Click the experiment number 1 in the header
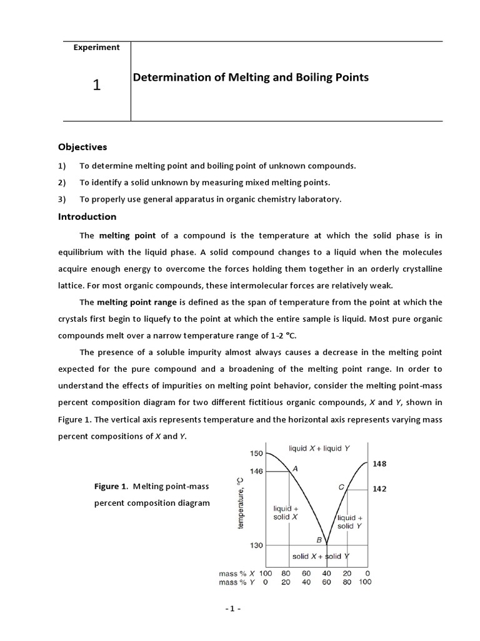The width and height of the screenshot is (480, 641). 96,85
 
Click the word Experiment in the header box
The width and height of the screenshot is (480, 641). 96,48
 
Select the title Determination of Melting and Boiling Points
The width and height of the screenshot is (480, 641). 251,78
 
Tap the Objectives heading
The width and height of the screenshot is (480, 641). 82,147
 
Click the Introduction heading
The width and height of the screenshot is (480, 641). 87,217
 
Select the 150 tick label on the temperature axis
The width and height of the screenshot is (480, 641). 256,453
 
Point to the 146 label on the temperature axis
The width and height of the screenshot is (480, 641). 256,471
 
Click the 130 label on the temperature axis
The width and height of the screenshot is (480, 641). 256,545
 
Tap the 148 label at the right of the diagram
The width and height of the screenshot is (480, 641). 379,464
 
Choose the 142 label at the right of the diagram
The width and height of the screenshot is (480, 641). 379,489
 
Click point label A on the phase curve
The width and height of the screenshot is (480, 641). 294,468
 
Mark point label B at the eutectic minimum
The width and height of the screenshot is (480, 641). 319,540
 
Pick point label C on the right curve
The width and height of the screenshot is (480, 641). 341,486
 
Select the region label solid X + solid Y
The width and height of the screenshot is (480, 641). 320,556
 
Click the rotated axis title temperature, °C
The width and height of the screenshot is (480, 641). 241,502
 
